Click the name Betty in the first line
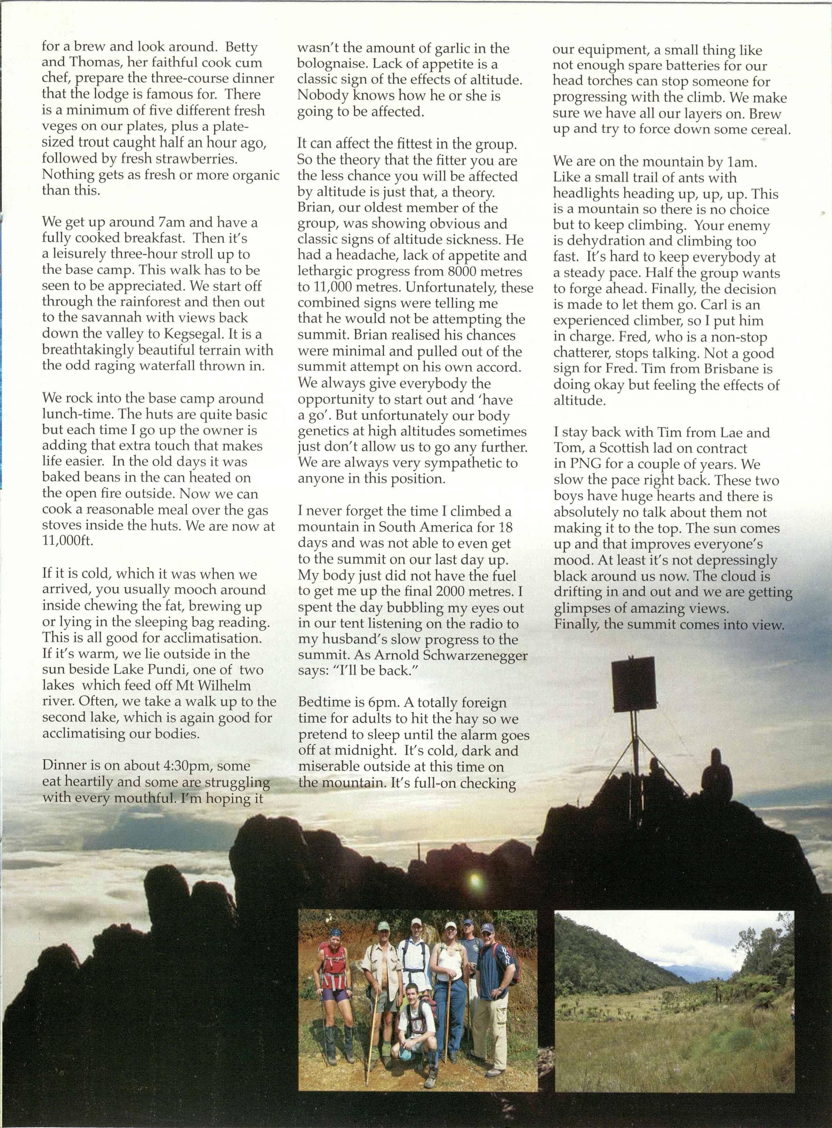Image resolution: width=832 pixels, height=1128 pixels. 241,47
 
